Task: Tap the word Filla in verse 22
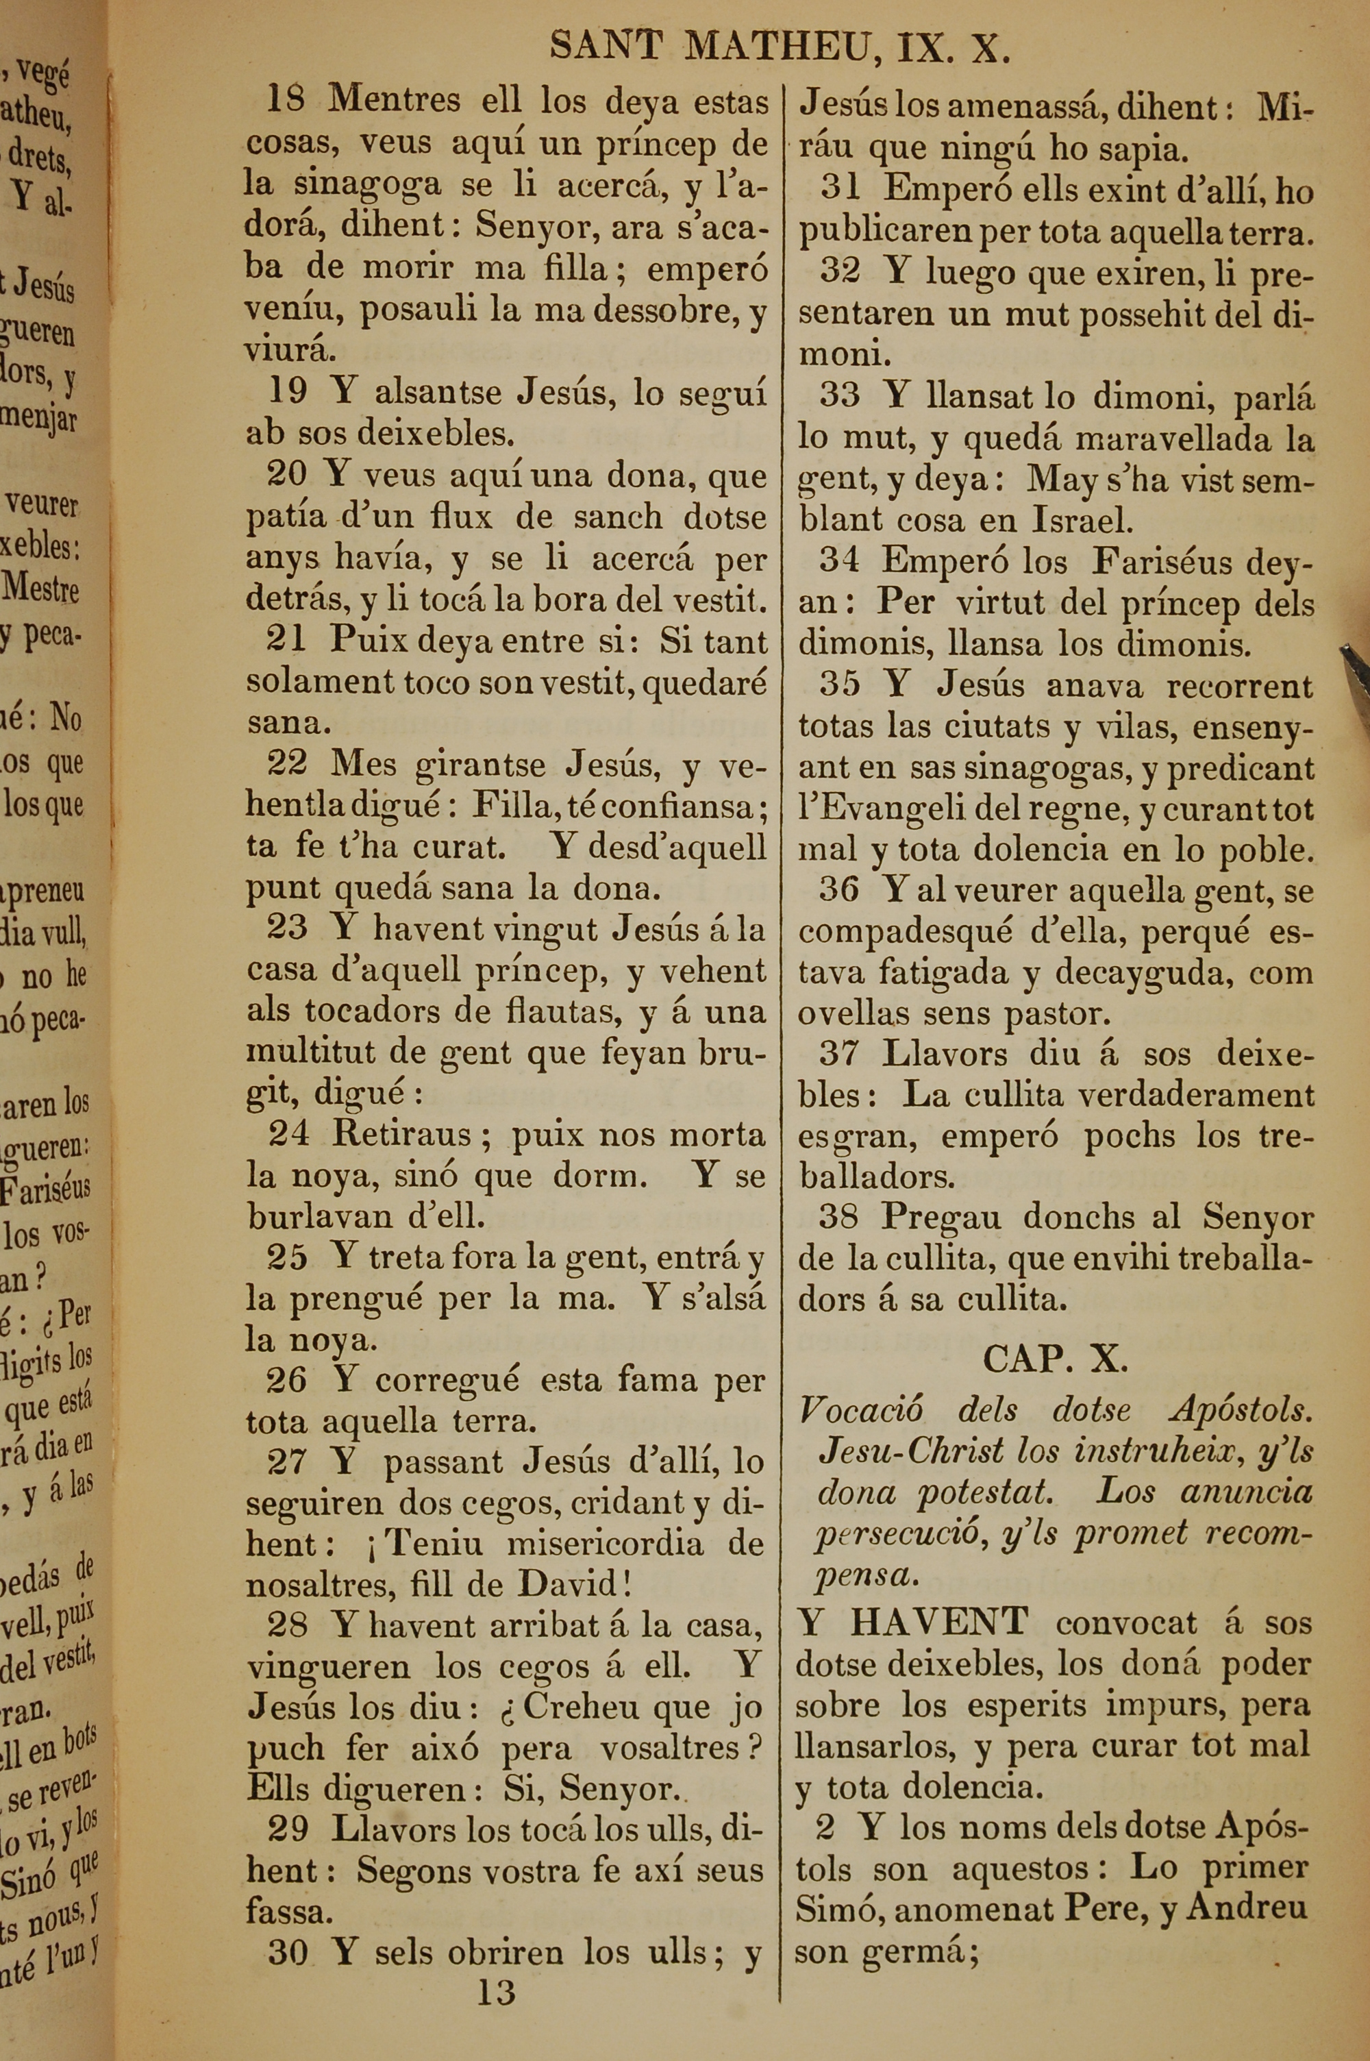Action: [512, 806]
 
